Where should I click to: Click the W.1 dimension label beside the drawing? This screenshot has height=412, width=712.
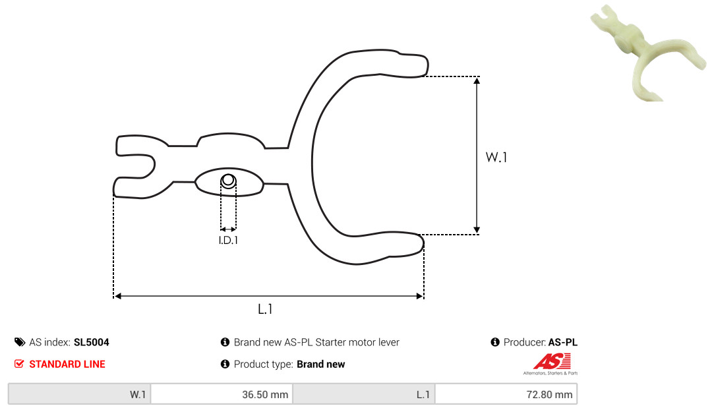click(496, 157)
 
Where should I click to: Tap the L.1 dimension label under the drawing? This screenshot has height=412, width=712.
click(265, 309)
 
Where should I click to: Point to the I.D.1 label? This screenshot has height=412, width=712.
click(228, 241)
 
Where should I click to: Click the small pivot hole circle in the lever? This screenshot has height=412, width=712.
click(228, 181)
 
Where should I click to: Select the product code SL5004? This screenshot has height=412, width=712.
click(91, 342)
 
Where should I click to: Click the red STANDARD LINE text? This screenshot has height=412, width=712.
click(67, 364)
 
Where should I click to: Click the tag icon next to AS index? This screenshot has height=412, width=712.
click(20, 342)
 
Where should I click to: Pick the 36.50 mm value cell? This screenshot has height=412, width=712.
click(222, 394)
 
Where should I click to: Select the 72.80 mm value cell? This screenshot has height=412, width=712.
click(506, 394)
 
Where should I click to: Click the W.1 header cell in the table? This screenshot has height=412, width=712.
click(80, 394)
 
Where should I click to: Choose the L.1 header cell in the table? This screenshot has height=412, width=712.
click(364, 394)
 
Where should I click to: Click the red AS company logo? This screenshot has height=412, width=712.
click(551, 363)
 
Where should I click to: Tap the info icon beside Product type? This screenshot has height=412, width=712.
click(225, 364)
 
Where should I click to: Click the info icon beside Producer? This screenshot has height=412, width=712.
click(495, 342)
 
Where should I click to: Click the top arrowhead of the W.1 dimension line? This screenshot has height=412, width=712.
click(477, 81)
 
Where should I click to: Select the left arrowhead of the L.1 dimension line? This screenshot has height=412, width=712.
click(117, 296)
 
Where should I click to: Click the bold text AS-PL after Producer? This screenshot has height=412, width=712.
click(562, 342)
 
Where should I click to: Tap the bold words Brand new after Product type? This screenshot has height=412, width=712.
click(320, 364)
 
